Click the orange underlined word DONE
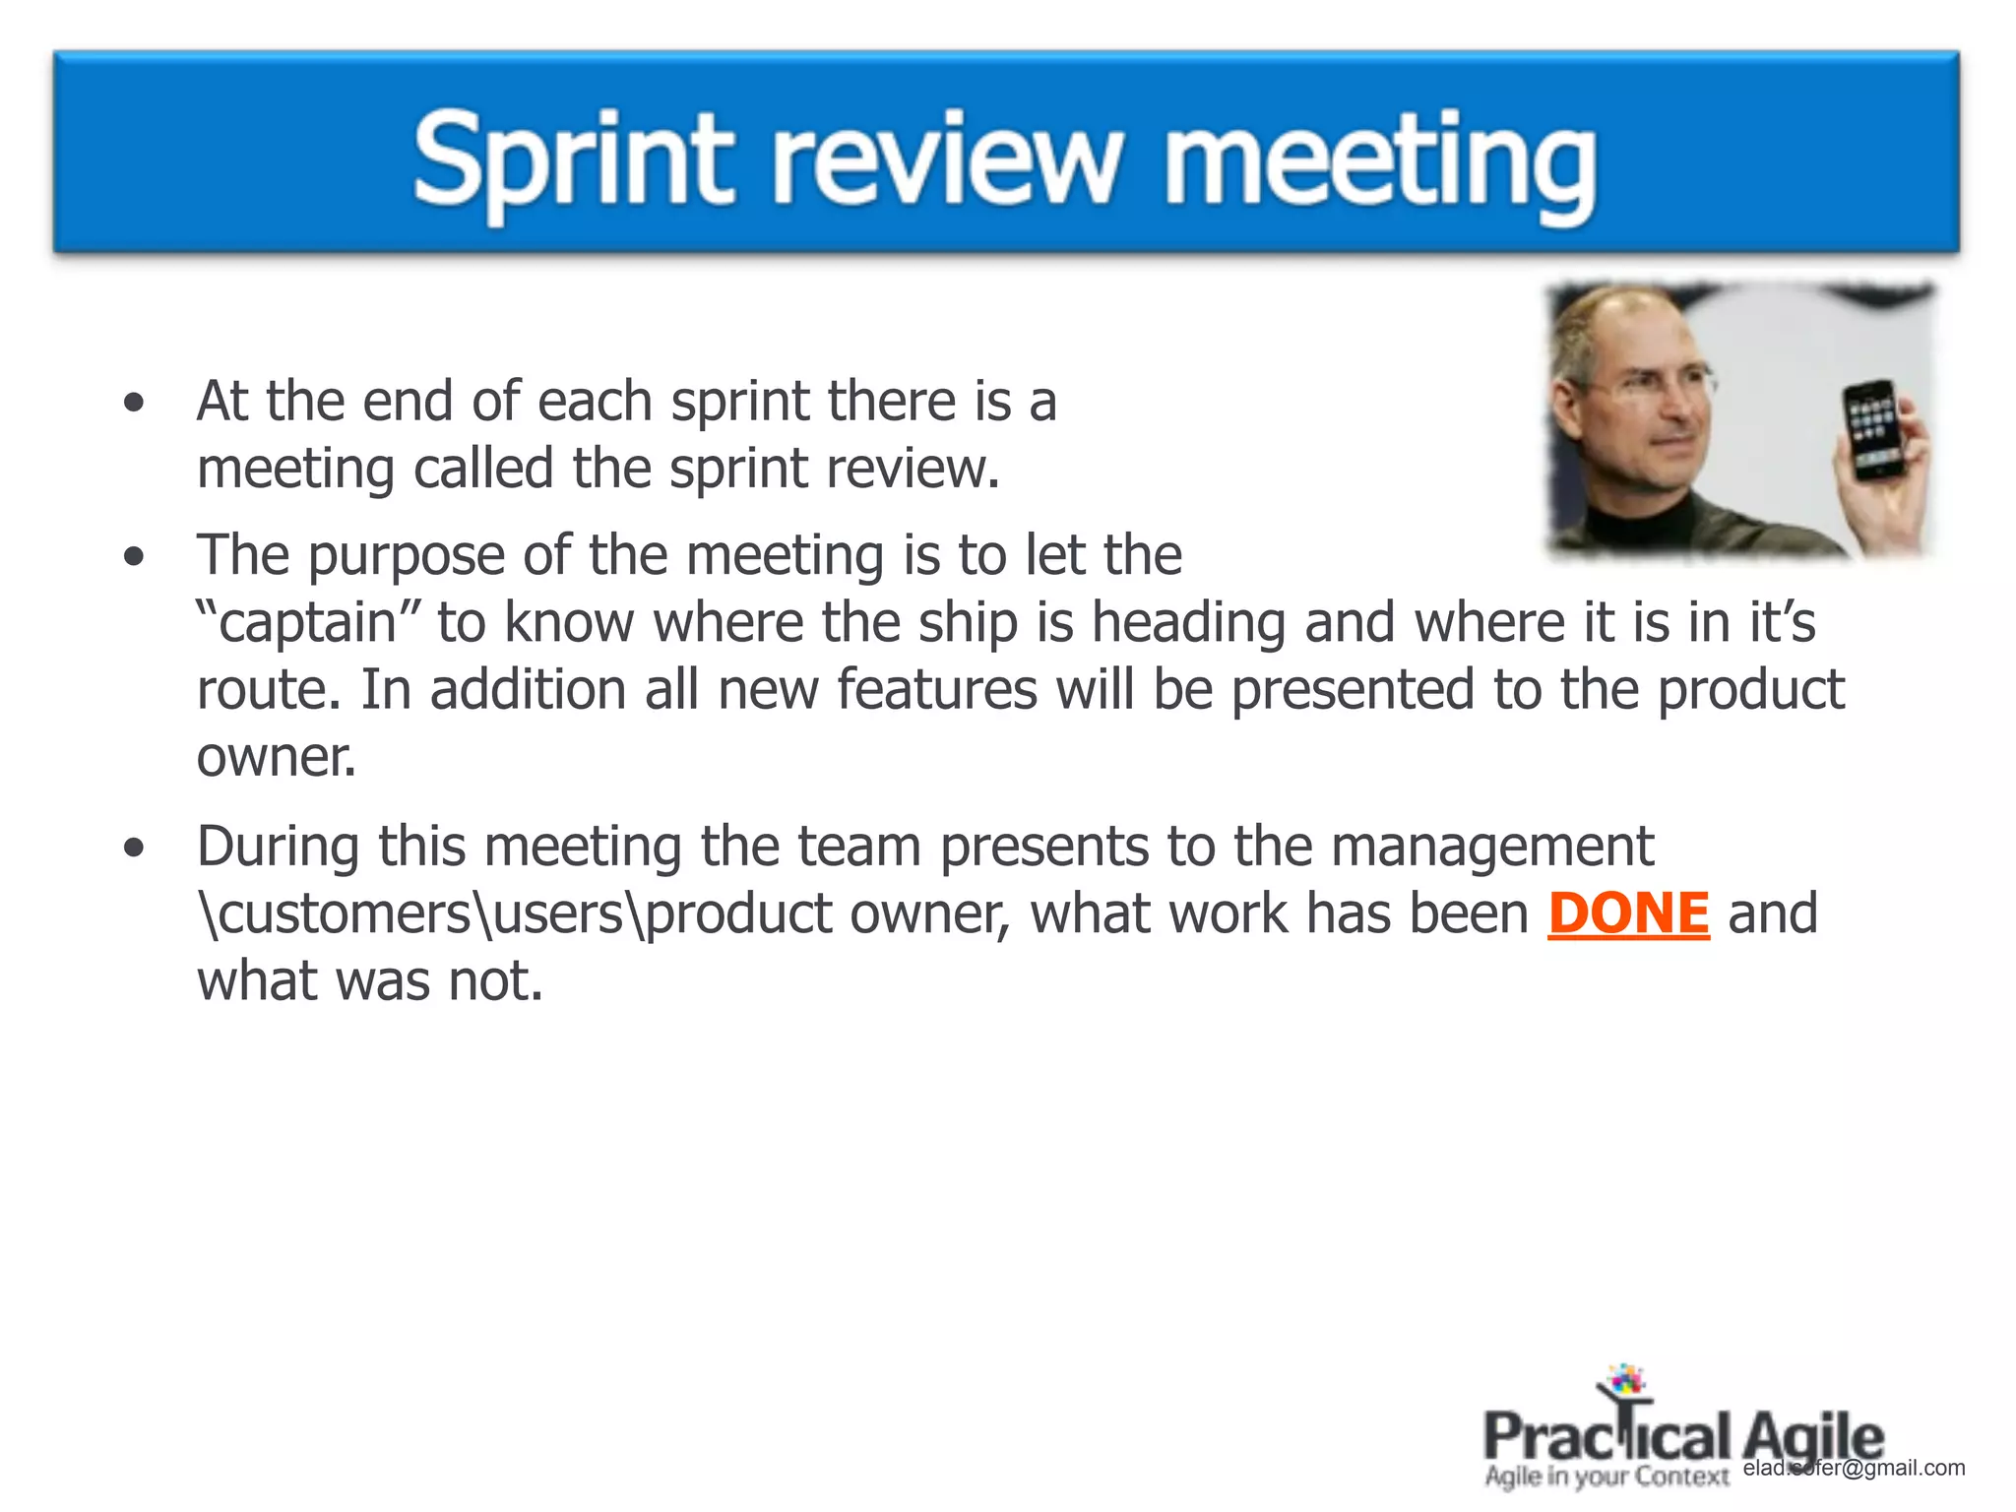coord(1628,913)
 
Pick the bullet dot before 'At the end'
coord(134,403)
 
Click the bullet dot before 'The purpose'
coord(134,556)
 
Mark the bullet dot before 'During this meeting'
coord(134,848)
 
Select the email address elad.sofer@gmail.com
coord(1854,1468)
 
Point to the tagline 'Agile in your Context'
coord(1606,1477)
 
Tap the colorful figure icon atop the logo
coord(1624,1382)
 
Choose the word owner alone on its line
coord(276,758)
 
